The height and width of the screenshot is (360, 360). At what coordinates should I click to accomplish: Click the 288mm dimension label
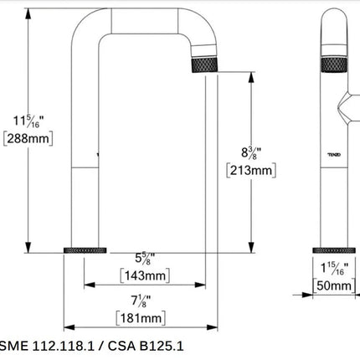(24, 141)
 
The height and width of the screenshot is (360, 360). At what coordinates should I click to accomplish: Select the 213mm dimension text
(251, 171)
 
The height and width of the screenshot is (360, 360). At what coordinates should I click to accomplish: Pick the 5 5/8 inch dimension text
(143, 260)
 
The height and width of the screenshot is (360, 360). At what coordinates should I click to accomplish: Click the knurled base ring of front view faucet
(87, 251)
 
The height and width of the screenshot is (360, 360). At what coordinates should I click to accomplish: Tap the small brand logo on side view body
(333, 154)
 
